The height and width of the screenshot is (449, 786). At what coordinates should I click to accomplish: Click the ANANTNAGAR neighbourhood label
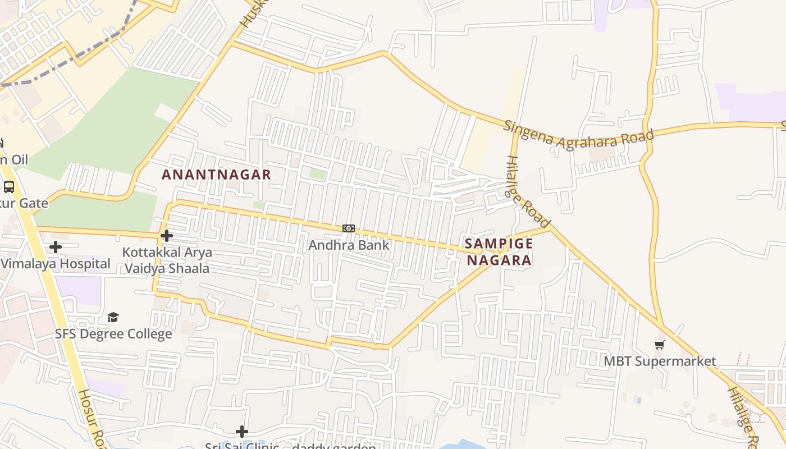pyautogui.click(x=216, y=175)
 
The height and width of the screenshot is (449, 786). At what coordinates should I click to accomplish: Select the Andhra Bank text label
pyautogui.click(x=349, y=245)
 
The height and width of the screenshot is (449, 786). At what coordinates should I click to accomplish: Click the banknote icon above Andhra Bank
pyautogui.click(x=349, y=228)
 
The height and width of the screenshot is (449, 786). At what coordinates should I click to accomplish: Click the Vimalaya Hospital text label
pyautogui.click(x=55, y=263)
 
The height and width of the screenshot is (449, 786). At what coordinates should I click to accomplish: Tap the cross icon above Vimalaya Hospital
pyautogui.click(x=55, y=246)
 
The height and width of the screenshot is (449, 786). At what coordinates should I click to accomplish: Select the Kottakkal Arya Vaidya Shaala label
pyautogui.click(x=167, y=260)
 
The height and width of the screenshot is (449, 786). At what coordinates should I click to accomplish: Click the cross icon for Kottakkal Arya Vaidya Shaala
pyautogui.click(x=167, y=236)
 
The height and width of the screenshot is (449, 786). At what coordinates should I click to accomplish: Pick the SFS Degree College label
pyautogui.click(x=113, y=334)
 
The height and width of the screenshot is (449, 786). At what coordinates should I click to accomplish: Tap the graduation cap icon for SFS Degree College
pyautogui.click(x=113, y=318)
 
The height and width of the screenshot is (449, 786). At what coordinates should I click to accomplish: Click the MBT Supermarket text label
pyautogui.click(x=660, y=361)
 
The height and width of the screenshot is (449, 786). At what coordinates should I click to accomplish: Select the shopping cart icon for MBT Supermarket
pyautogui.click(x=660, y=345)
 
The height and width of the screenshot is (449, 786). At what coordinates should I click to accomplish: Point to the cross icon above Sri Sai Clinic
pyautogui.click(x=242, y=431)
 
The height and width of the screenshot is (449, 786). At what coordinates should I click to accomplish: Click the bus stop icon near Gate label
pyautogui.click(x=9, y=187)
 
